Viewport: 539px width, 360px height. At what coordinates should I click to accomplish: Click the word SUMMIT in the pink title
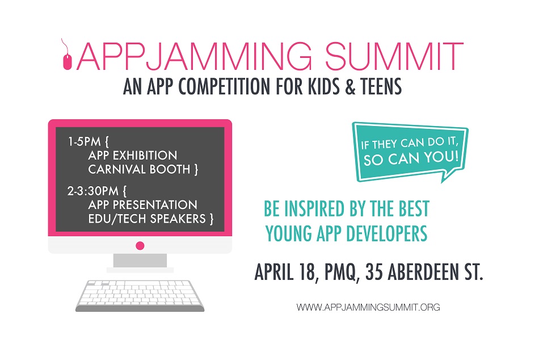(x=394, y=56)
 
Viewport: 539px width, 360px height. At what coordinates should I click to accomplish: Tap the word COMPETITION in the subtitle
(x=224, y=86)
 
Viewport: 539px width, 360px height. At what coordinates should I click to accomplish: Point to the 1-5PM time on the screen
(x=84, y=141)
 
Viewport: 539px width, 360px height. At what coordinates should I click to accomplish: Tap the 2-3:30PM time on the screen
(x=93, y=191)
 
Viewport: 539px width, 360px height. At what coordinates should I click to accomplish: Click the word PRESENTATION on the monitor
(x=155, y=205)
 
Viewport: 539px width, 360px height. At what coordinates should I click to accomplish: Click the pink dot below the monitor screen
(x=140, y=246)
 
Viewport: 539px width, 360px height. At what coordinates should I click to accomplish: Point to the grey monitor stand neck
(x=140, y=261)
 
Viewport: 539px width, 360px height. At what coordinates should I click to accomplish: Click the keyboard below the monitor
(x=140, y=296)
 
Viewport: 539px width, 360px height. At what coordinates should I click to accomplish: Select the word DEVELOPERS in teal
(x=386, y=234)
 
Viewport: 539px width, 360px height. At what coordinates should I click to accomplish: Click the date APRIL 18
(x=285, y=272)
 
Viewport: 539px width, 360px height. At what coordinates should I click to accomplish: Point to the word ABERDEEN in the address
(x=423, y=272)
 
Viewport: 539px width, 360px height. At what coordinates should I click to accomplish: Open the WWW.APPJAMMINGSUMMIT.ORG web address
(x=368, y=307)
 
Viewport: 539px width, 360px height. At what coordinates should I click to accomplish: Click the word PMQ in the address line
(x=340, y=272)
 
